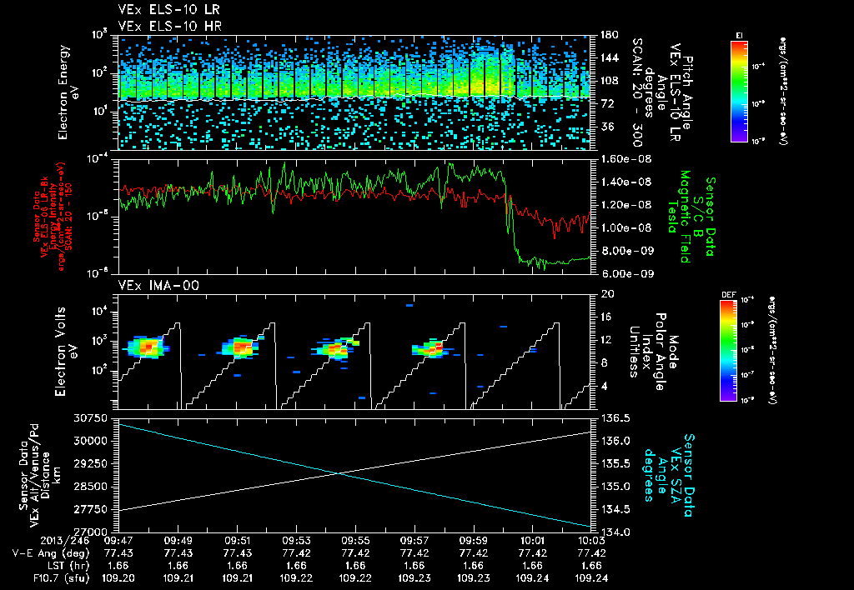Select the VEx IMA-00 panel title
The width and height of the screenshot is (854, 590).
tap(150, 285)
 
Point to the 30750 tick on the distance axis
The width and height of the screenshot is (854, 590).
tap(94, 417)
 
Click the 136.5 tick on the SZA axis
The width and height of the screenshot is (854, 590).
tap(615, 417)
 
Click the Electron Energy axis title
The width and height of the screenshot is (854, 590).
tap(68, 92)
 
